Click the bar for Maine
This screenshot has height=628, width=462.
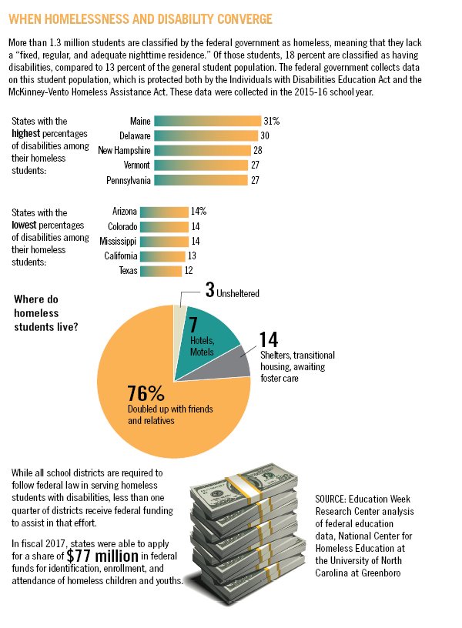[x=207, y=121]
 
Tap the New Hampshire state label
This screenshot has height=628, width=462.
[x=124, y=150]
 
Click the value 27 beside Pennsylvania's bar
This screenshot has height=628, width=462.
[x=256, y=180]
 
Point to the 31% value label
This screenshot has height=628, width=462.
[x=271, y=121]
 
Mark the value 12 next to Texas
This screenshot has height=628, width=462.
[x=189, y=271]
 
